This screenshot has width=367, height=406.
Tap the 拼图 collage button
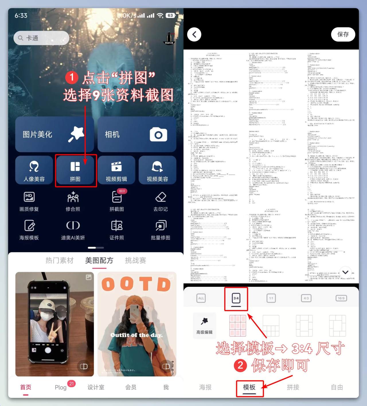tap(75, 171)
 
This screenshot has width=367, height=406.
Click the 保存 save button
tap(343, 34)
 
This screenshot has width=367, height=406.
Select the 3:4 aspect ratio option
tap(236, 298)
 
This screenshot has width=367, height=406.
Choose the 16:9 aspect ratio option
tap(341, 298)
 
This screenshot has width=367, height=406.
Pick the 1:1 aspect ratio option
tap(271, 298)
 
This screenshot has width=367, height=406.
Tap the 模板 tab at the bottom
tap(249, 387)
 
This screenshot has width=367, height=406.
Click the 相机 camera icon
tap(158, 134)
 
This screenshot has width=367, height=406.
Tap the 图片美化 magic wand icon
tap(76, 134)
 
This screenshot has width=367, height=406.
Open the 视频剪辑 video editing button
tap(116, 171)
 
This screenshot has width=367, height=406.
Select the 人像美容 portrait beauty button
tap(34, 171)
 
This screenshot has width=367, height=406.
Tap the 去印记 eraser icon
tap(161, 197)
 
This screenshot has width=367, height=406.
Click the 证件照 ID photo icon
tap(117, 226)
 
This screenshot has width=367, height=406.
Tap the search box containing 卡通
tap(41, 38)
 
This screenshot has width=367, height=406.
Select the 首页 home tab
tap(26, 387)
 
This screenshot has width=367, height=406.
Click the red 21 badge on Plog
tap(71, 383)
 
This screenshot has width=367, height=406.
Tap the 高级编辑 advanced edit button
tap(204, 325)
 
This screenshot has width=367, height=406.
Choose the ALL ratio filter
tap(201, 298)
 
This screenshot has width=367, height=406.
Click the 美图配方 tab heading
tap(99, 260)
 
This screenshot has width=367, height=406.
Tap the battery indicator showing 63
tap(170, 15)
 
